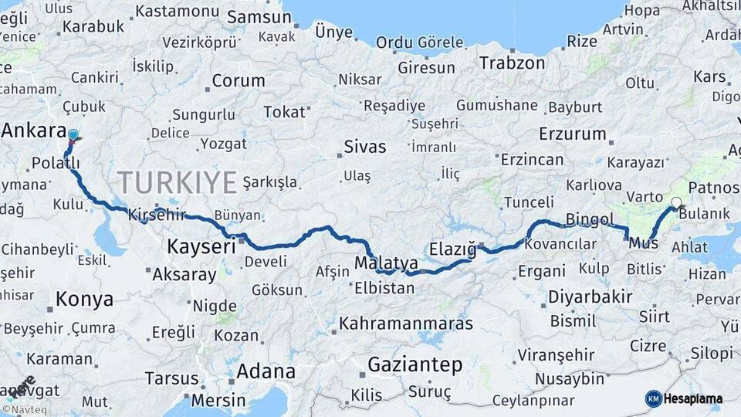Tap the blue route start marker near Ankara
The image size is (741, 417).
pyautogui.click(x=73, y=136)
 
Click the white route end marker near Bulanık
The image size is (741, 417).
pyautogui.click(x=676, y=203)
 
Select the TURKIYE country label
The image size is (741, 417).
pyautogui.click(x=178, y=183)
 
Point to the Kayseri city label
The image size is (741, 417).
pyautogui.click(x=201, y=247)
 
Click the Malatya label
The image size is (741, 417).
pyautogui.click(x=386, y=263)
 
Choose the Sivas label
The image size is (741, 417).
pyautogui.click(x=365, y=147)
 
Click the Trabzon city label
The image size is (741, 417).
pyautogui.click(x=513, y=63)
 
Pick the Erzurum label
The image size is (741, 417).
pyautogui.click(x=572, y=134)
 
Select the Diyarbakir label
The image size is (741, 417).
pyautogui.click(x=590, y=297)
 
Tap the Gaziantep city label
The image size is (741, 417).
pyautogui.click(x=414, y=364)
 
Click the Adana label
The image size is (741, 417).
pyautogui.click(x=266, y=371)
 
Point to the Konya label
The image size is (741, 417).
pyautogui.click(x=85, y=299)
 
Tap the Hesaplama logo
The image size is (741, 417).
pyautogui.click(x=684, y=398)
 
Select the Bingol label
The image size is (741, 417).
pyautogui.click(x=590, y=219)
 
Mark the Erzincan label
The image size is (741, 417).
pyautogui.click(x=533, y=160)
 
